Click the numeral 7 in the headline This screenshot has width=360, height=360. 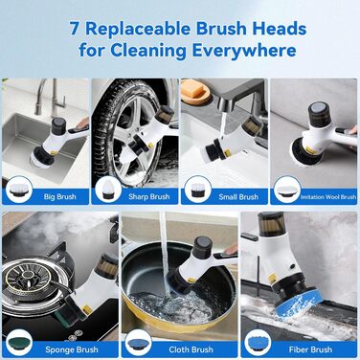[x=74, y=29]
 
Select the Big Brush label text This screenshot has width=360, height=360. [x=60, y=196]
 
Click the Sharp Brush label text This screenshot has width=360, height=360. [x=149, y=196]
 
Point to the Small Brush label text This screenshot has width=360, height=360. [x=238, y=197]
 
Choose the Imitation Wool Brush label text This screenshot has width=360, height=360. [x=328, y=197]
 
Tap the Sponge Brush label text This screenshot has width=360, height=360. [x=72, y=349]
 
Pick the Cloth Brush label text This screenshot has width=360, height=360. [x=191, y=349]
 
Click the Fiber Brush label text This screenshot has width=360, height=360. [x=310, y=349]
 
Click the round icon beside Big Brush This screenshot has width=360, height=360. [x=19, y=190]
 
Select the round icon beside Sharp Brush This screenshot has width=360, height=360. [x=108, y=190]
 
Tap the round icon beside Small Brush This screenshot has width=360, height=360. [x=198, y=190]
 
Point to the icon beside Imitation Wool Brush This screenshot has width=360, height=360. [x=287, y=190]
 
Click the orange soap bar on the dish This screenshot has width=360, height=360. [x=192, y=89]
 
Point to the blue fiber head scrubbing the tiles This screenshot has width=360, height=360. [x=297, y=302]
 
